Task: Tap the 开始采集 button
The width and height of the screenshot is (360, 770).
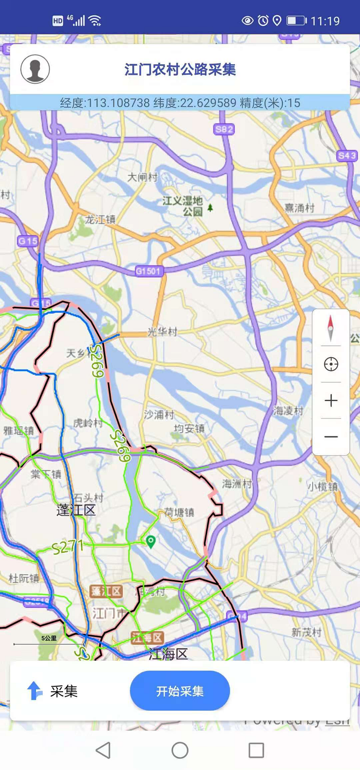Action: [x=180, y=691]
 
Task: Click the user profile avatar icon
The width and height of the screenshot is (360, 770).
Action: [x=35, y=69]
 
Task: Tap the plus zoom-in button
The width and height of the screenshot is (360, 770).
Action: [x=331, y=400]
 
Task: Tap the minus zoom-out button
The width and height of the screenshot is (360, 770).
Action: [x=331, y=437]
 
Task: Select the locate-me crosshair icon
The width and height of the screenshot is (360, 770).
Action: [x=331, y=364]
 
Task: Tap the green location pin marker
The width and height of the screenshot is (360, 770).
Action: [x=151, y=541]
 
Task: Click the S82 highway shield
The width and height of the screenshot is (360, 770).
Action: [x=224, y=130]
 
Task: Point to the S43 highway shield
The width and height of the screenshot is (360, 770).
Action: [x=346, y=156]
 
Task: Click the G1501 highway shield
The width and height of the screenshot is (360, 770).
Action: [x=148, y=271]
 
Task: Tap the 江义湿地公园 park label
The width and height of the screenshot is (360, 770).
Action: [x=183, y=206]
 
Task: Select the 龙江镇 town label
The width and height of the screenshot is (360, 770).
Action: [x=100, y=220]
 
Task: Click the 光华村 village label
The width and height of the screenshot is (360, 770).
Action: [x=162, y=332]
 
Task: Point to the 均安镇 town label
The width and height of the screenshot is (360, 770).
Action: [x=189, y=428]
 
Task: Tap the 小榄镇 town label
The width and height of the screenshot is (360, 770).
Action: [x=322, y=486]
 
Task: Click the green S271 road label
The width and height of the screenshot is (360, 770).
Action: [x=67, y=548]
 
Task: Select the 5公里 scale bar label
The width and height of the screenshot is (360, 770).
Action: [x=49, y=638]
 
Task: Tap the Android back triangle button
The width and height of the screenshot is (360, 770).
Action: [x=103, y=750]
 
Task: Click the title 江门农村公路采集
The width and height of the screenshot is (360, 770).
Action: [x=180, y=69]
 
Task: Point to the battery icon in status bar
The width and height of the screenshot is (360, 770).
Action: [x=296, y=21]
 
